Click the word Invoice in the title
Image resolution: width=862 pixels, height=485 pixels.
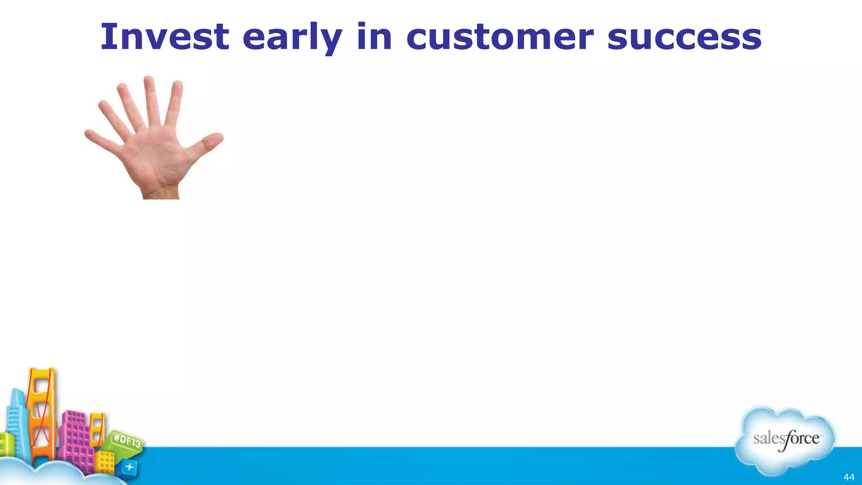(x=165, y=37)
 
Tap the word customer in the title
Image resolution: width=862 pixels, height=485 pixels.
(x=500, y=37)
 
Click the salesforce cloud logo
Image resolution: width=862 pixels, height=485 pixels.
(x=785, y=440)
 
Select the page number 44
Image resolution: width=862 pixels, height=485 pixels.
(x=849, y=477)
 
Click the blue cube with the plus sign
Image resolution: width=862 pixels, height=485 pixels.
(x=129, y=467)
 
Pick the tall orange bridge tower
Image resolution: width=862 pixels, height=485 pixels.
(x=42, y=417)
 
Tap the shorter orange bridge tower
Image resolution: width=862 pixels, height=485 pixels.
(x=98, y=429)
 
